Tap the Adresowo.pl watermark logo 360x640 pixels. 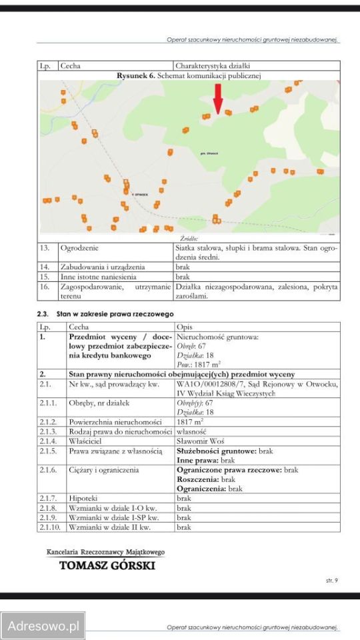[x=43, y=626]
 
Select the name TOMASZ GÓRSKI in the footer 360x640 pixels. [x=107, y=565]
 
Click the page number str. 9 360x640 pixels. [x=331, y=581]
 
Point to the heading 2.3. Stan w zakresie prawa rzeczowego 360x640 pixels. [x=105, y=313]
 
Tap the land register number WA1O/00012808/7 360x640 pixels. [x=211, y=384]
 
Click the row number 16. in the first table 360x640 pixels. [x=45, y=286]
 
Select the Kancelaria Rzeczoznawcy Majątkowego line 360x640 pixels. [x=105, y=552]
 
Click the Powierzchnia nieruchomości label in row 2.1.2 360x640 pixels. [x=115, y=422]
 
